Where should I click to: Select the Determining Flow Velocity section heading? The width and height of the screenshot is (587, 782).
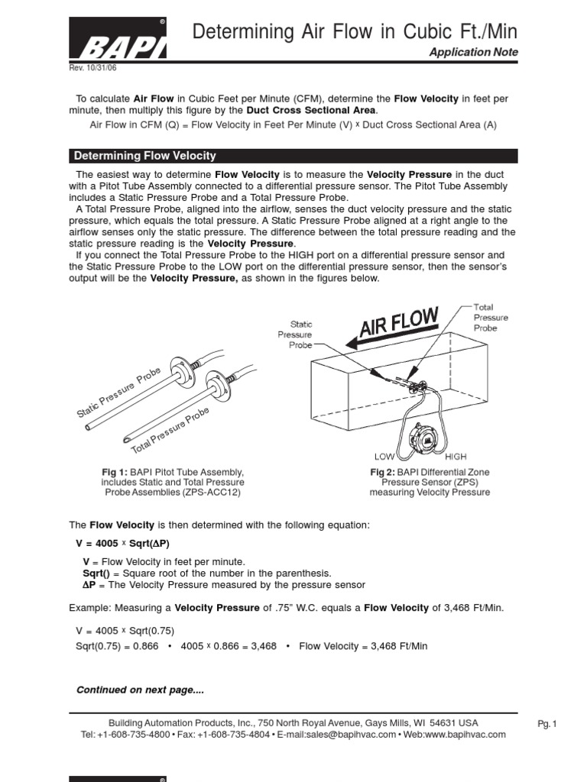[x=145, y=156]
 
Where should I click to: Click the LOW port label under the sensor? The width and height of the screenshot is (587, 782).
[x=384, y=456]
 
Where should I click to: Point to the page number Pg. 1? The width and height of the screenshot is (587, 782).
[x=549, y=725]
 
